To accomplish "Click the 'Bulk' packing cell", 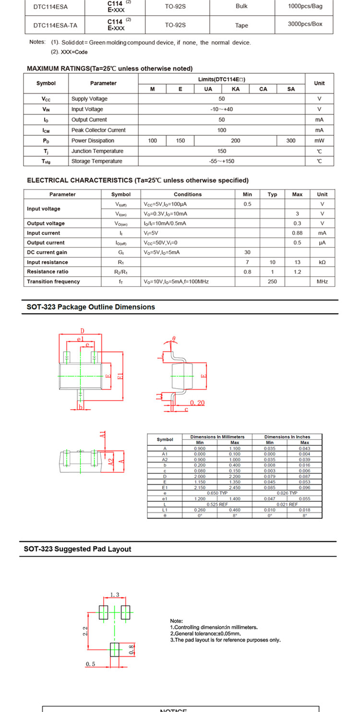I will [241, 6].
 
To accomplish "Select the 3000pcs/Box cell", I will [305, 24].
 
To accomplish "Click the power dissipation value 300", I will [291, 141].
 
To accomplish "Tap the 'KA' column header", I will [236, 89].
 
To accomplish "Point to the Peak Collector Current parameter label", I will [98, 130].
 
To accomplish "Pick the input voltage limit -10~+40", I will [221, 109].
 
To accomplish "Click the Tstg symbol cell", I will [46, 161].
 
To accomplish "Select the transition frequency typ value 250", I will [272, 282].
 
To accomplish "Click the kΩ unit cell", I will [322, 262].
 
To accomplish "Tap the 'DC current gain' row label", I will [47, 252].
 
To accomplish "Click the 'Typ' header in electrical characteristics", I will [272, 194].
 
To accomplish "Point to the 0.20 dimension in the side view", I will [197, 403].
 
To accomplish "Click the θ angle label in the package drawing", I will [174, 339].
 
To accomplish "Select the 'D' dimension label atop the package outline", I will [82, 331].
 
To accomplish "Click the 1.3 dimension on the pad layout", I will [115, 595].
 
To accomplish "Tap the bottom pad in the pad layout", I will [115, 650].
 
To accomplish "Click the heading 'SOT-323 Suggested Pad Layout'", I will [77, 549].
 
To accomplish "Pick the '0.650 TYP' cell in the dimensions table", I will [217, 493].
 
